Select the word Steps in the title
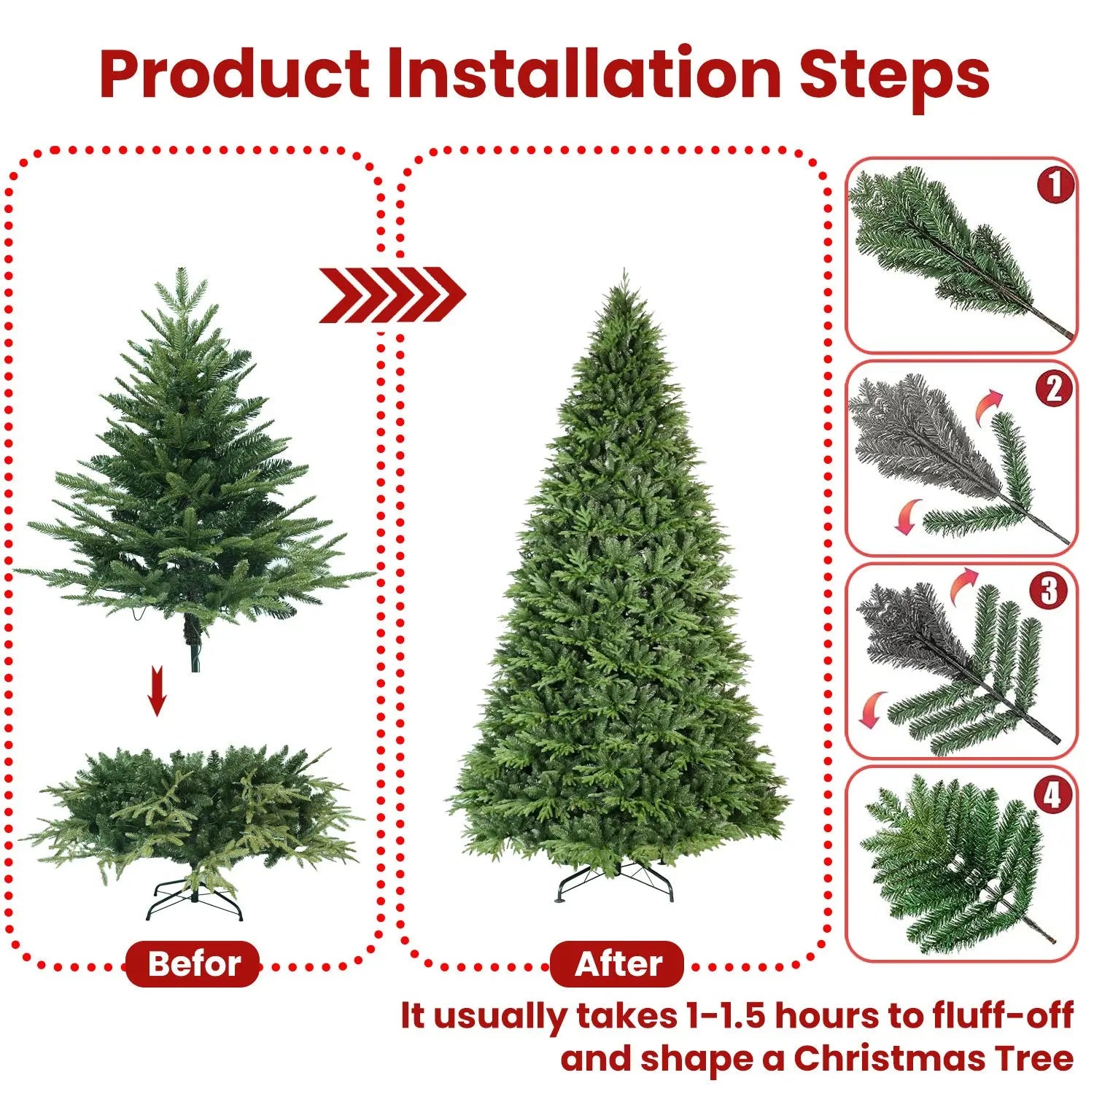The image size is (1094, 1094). click(x=894, y=74)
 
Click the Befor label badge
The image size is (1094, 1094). click(x=193, y=964)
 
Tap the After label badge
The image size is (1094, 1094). click(x=618, y=964)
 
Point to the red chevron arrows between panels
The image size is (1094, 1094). click(x=392, y=295)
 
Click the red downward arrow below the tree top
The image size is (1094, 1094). click(x=157, y=691)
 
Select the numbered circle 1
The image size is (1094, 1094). click(x=1055, y=185)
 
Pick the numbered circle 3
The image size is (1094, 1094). click(x=1049, y=591)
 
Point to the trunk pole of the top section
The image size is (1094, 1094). click(x=194, y=645)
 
